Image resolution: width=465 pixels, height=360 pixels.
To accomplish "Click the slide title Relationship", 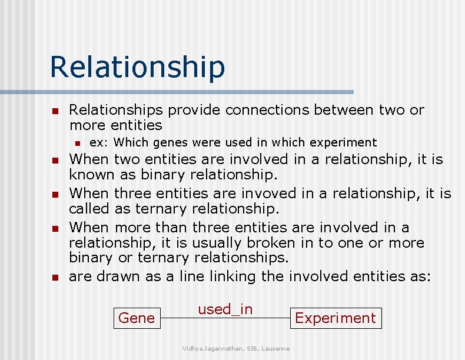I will [137, 66].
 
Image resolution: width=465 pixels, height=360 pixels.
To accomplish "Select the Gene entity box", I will [137, 318].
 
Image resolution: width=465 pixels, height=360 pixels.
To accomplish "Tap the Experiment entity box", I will [335, 318].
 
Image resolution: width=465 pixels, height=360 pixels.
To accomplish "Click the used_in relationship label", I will [225, 309].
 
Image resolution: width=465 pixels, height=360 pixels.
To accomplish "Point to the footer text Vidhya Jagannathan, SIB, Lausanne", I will [235, 349].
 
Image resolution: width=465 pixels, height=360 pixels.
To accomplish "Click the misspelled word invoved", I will [252, 194].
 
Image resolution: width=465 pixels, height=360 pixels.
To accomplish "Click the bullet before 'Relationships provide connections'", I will [54, 111].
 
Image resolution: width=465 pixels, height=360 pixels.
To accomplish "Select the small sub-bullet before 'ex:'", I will [75, 142].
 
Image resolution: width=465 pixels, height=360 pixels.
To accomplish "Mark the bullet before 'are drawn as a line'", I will [54, 278].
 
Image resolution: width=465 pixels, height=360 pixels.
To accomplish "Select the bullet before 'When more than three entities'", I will [54, 228].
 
